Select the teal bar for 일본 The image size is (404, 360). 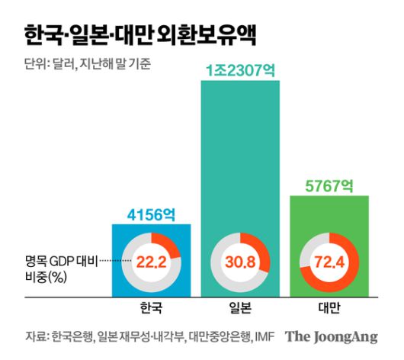pyautogui.click(x=239, y=153)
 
